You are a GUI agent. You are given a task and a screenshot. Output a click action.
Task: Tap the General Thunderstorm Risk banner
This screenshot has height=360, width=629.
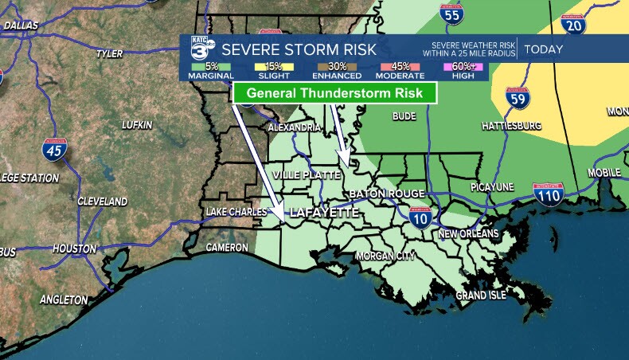(334, 93)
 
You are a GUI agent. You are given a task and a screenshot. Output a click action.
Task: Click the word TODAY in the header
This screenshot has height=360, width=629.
(544, 49)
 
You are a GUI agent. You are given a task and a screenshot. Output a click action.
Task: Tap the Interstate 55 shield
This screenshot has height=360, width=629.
(451, 14)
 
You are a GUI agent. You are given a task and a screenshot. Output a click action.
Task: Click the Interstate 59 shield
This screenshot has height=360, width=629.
(517, 100)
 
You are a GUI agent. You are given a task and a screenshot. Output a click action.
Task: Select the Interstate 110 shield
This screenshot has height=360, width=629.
(548, 194)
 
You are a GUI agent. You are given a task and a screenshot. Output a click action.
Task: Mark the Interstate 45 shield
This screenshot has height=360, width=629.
(55, 149)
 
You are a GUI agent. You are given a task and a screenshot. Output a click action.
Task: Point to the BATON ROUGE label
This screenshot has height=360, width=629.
(386, 194)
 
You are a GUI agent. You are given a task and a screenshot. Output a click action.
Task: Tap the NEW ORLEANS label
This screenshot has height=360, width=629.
(468, 234)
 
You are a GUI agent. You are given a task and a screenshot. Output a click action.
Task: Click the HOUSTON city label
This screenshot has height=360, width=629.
(74, 248)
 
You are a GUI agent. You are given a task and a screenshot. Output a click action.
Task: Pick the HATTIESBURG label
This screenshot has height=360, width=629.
(511, 126)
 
